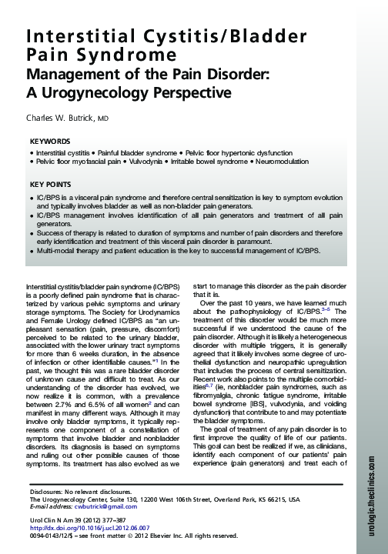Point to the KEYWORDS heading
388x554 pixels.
pyautogui.click(x=49, y=142)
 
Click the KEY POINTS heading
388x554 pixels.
pyautogui.click(x=51, y=185)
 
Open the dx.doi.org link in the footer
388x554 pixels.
pyautogui.click(x=85, y=528)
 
